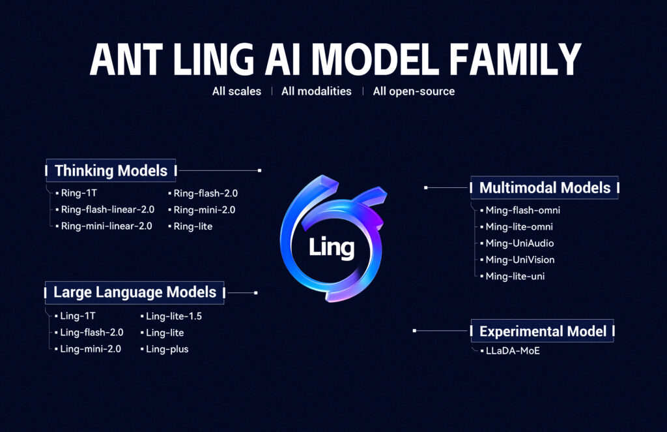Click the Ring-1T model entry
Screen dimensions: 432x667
click(79, 193)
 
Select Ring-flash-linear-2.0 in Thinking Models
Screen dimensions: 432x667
click(107, 209)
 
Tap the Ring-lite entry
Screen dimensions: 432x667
click(193, 226)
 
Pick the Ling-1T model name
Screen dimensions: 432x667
click(78, 316)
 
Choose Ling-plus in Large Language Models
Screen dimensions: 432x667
click(167, 349)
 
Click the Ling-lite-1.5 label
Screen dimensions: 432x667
click(174, 316)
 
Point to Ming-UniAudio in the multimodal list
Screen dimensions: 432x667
click(520, 243)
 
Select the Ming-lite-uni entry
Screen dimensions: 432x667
click(515, 276)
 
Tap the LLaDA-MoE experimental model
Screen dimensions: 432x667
click(513, 351)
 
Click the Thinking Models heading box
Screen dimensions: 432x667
click(111, 171)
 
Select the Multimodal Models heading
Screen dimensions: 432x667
click(545, 188)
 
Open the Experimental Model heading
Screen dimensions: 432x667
click(543, 332)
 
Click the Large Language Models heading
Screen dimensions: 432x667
click(134, 292)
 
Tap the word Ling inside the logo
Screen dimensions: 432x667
click(332, 247)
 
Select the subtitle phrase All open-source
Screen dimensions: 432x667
click(414, 91)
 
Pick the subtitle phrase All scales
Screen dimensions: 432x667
click(236, 91)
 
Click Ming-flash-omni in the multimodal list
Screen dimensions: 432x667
click(522, 210)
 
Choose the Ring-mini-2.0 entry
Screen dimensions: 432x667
click(204, 209)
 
